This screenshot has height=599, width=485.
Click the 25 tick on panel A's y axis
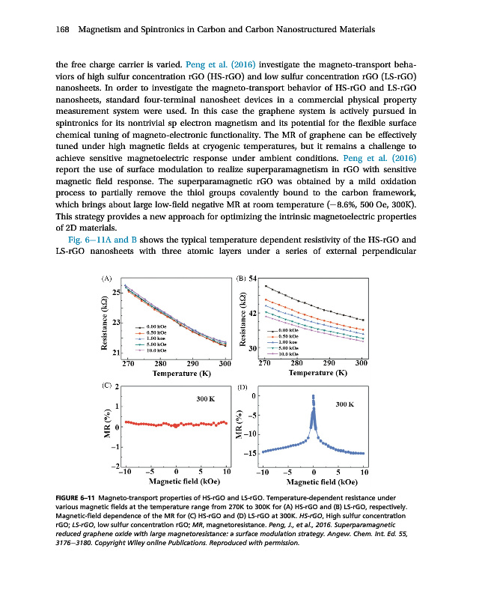[x=117, y=292]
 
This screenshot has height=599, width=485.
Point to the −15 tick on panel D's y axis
[x=251, y=454]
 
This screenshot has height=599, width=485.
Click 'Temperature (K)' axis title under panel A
[x=177, y=372]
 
